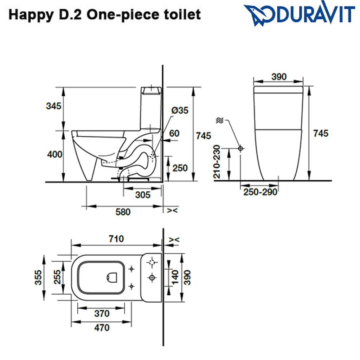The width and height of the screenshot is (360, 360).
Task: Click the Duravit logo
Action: (x=299, y=14)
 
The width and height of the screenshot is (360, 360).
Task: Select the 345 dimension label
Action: (x=54, y=106)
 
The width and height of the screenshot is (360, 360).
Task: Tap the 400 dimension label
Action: (x=54, y=154)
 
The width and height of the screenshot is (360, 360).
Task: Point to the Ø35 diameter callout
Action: (x=180, y=110)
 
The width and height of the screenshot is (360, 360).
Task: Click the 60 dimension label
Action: (x=174, y=133)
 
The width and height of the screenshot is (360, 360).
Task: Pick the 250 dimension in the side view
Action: (x=180, y=168)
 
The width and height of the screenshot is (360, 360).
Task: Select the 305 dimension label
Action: (x=143, y=195)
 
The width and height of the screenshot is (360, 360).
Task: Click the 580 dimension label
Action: (x=123, y=212)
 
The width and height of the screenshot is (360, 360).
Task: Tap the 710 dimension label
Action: (x=116, y=239)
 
